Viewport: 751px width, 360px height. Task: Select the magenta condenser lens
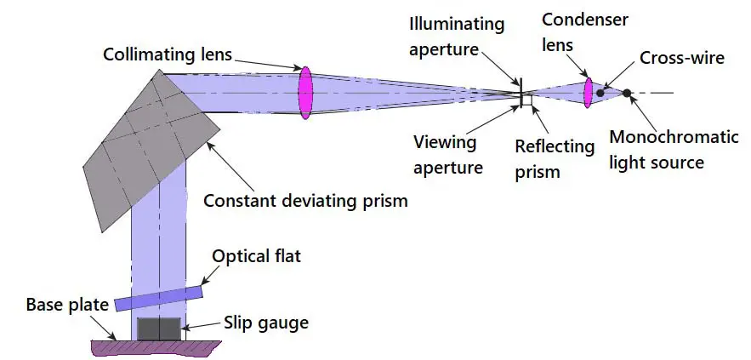point(588,92)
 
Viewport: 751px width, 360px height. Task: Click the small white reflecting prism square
point(527,100)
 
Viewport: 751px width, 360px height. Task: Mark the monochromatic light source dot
point(627,93)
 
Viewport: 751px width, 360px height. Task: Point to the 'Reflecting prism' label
point(555,158)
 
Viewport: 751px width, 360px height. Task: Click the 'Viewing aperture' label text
point(447,154)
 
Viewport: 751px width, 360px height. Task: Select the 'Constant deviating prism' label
point(305,201)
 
